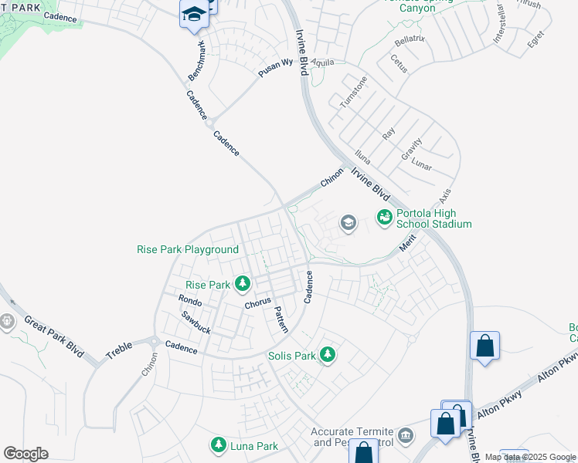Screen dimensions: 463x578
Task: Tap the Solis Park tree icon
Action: pyautogui.click(x=328, y=356)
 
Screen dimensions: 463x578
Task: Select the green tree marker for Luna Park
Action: pyautogui.click(x=219, y=446)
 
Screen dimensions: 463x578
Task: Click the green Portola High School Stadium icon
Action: pyautogui.click(x=384, y=218)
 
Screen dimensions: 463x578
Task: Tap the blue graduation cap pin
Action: pyautogui.click(x=194, y=15)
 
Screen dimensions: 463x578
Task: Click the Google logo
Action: pyautogui.click(x=25, y=454)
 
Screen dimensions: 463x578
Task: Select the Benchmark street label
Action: pyautogui.click(x=197, y=62)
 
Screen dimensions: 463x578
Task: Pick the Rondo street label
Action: pyautogui.click(x=190, y=299)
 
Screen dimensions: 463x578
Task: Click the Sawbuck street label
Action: pyautogui.click(x=195, y=321)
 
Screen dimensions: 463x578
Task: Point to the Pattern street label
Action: pyautogui.click(x=280, y=319)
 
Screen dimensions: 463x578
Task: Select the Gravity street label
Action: pyautogui.click(x=411, y=150)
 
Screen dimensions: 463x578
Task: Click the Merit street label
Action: pyautogui.click(x=407, y=243)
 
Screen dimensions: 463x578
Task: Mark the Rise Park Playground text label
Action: pyautogui.click(x=188, y=249)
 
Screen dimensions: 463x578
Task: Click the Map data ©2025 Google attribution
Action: pyautogui.click(x=530, y=457)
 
